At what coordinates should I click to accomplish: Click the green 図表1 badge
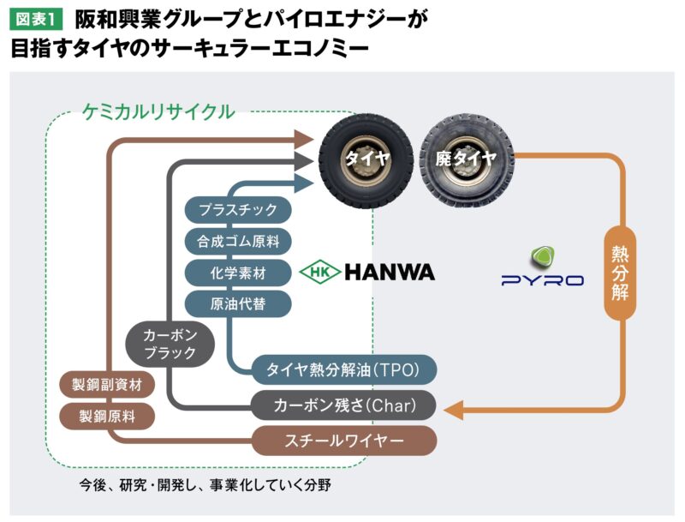coord(34,18)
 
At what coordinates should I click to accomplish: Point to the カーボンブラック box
coord(169,343)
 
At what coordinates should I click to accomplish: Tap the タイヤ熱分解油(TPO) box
coord(344,370)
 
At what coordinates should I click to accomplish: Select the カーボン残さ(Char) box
coord(344,405)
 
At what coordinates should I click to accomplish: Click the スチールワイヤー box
coord(344,441)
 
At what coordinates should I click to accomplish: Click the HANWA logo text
coord(390,273)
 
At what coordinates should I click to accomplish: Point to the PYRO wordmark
coord(542,279)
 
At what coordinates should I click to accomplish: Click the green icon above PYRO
coord(542,255)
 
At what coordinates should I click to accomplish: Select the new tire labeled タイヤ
coord(366,156)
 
